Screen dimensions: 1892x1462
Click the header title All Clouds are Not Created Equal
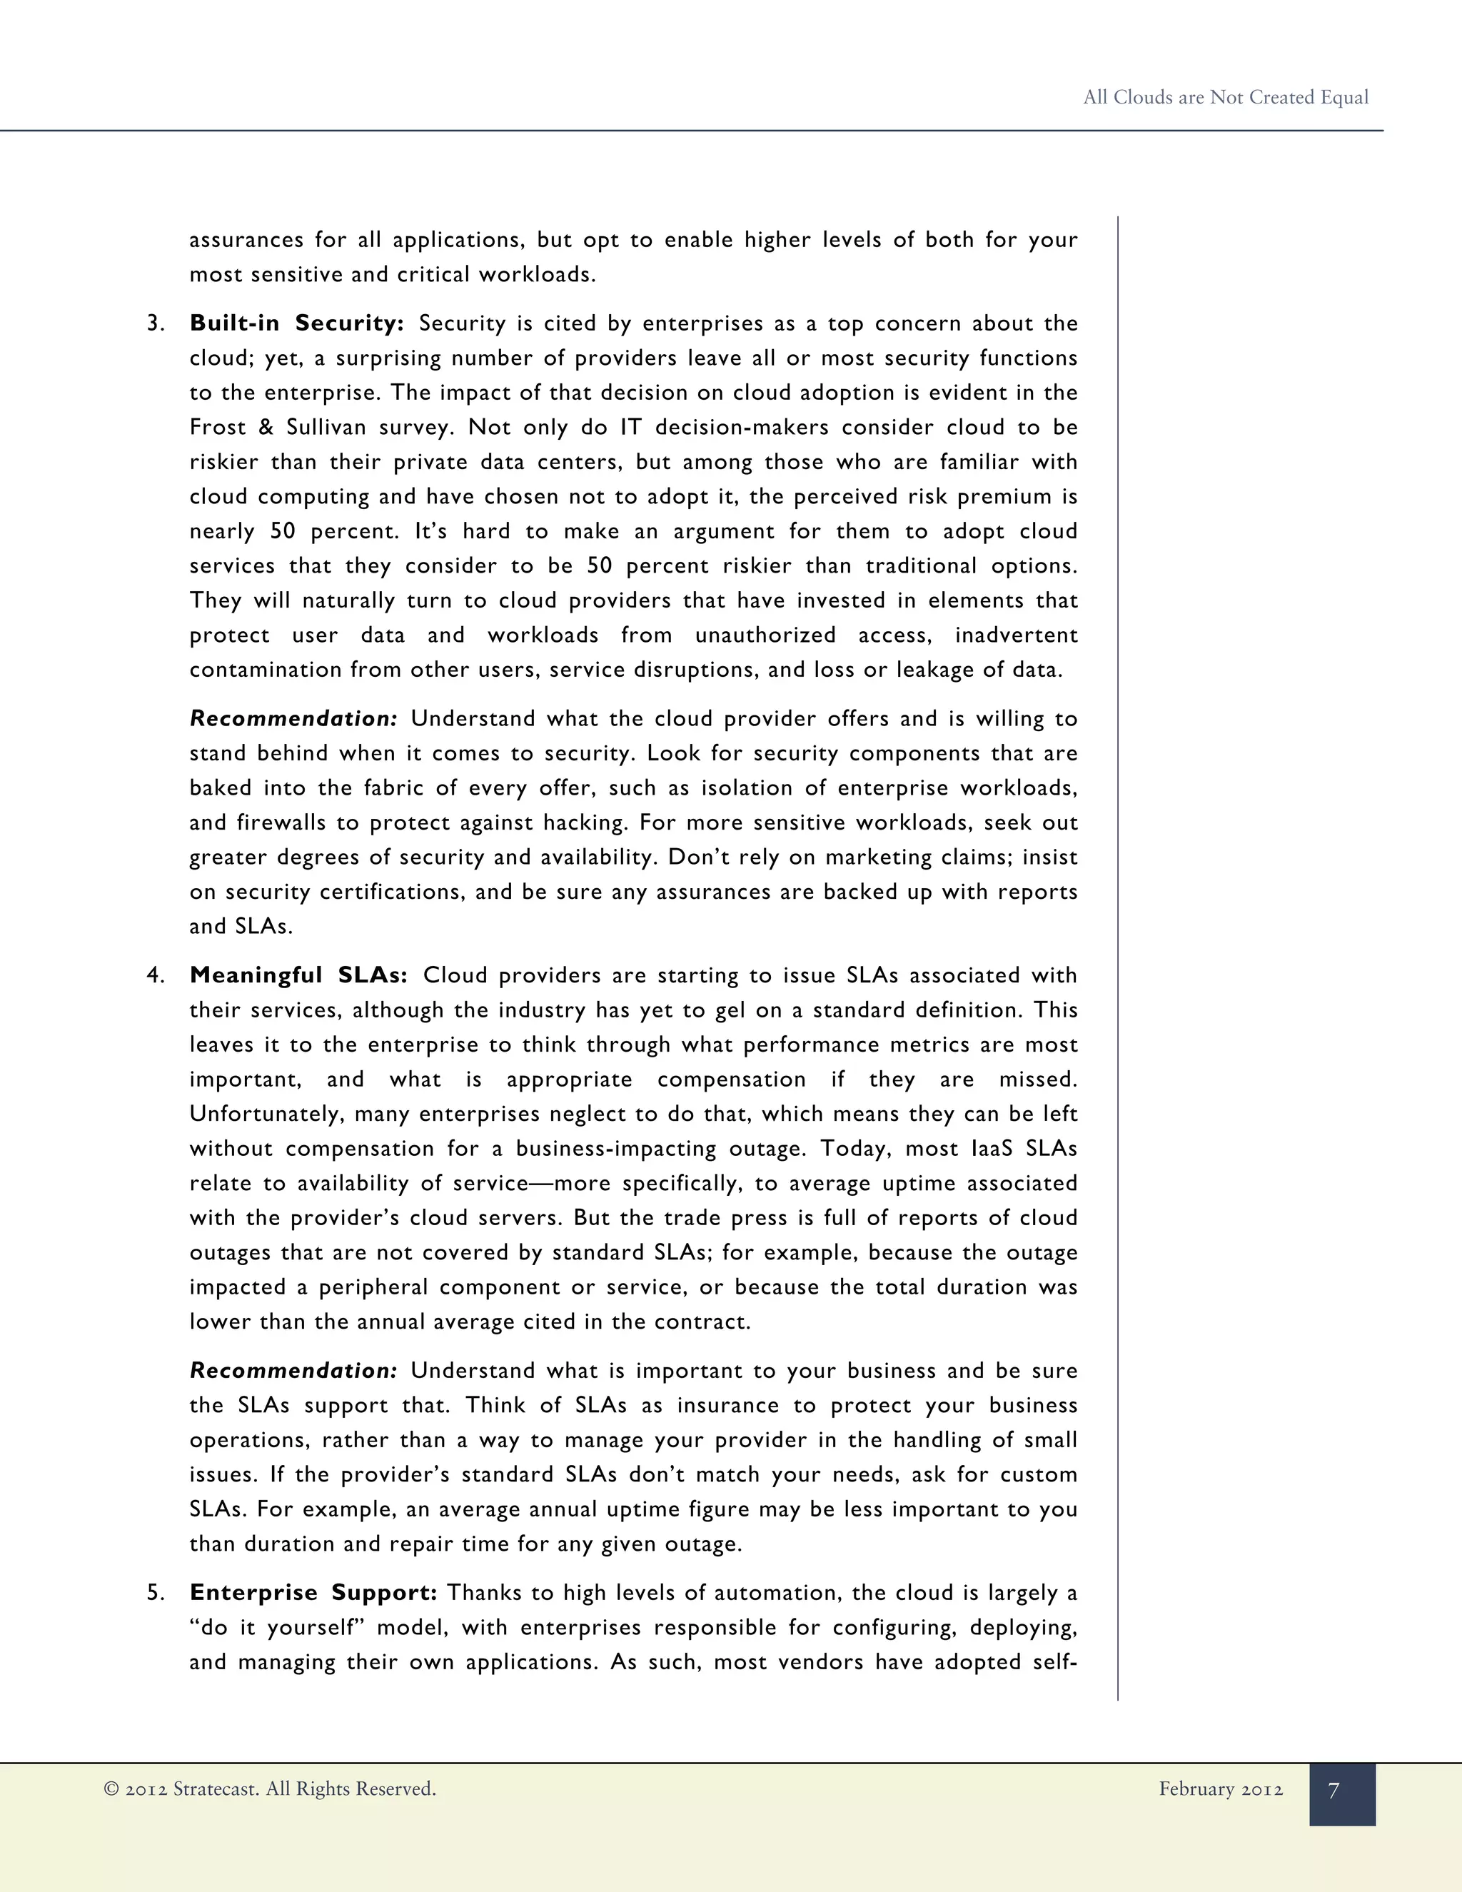point(1226,97)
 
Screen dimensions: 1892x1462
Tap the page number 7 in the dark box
point(1334,1791)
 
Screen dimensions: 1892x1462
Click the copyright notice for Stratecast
point(269,1789)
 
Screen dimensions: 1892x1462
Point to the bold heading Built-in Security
point(296,323)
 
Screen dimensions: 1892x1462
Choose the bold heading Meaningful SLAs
point(298,975)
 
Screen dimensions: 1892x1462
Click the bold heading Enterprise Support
point(313,1593)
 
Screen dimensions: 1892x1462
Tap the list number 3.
point(155,324)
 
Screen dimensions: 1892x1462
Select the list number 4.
point(155,976)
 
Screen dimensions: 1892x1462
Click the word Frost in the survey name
point(218,427)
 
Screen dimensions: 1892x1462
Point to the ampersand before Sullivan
point(266,427)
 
